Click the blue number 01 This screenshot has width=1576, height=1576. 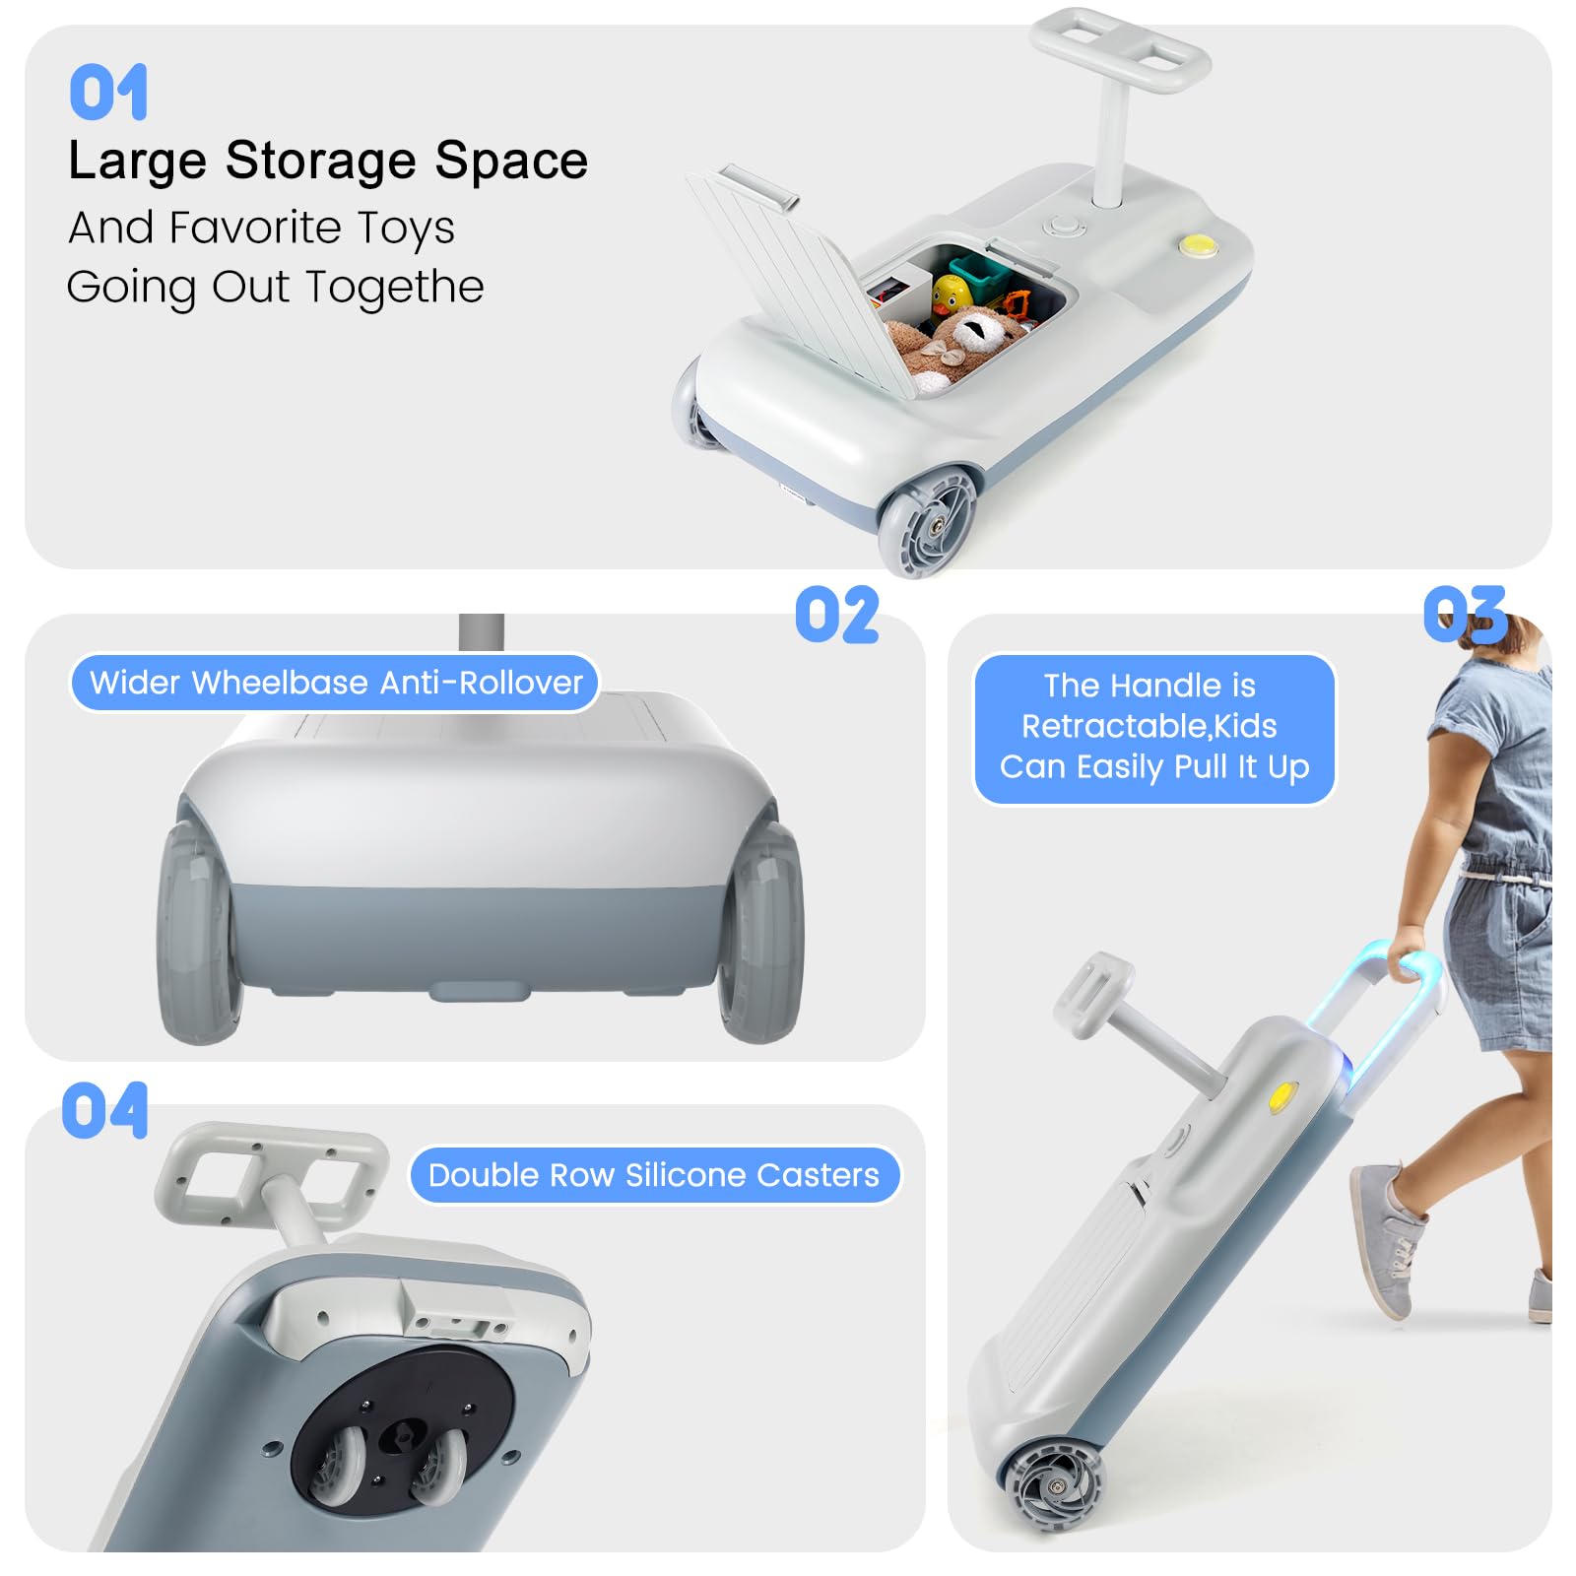(108, 93)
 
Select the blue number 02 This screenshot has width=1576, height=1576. (836, 615)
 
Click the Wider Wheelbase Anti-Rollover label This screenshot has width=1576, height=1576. (335, 683)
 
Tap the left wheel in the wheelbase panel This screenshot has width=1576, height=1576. (197, 931)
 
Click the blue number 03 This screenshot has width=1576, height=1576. (1464, 615)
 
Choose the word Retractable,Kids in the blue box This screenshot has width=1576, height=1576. (1149, 726)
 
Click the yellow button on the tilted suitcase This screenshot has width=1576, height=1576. (1281, 1095)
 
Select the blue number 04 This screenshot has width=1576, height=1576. (104, 1111)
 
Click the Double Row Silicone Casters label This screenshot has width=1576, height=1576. (654, 1175)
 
